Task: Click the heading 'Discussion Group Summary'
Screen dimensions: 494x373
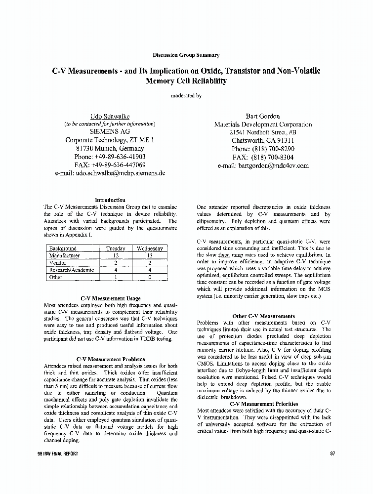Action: click(186, 55)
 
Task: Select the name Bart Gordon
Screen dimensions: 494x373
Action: click(263, 116)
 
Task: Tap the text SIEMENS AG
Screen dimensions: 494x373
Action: click(110, 132)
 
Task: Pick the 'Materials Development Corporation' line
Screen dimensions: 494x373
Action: click(263, 124)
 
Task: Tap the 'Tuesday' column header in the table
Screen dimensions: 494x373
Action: click(116, 248)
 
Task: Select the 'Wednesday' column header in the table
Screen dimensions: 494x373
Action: click(150, 248)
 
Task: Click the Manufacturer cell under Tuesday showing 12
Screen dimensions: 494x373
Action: click(116, 256)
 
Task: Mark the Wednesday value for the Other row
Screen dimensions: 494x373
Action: click(150, 278)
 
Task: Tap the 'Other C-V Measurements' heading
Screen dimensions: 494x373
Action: click(263, 316)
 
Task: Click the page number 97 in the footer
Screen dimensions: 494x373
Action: click(332, 453)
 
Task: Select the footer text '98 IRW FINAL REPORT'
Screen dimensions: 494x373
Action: click(58, 453)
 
